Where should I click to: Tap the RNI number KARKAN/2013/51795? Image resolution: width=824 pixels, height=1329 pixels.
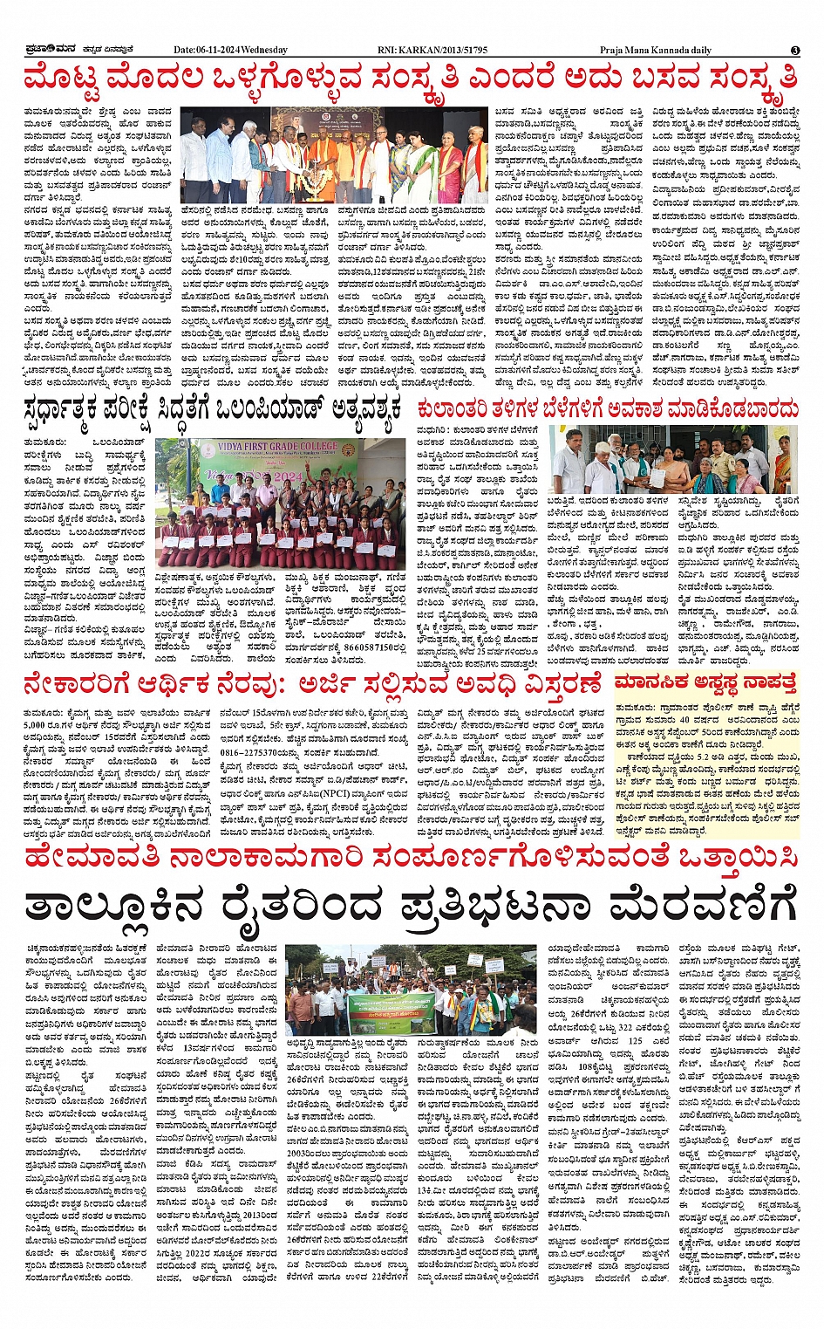tap(447, 50)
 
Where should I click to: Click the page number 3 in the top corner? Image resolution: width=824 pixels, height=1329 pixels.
tap(795, 50)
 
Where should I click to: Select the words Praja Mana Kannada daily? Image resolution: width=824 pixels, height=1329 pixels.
tap(656, 50)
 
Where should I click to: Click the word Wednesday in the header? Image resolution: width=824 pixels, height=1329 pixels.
tap(265, 50)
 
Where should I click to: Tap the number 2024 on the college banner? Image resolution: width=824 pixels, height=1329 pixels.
tap(288, 476)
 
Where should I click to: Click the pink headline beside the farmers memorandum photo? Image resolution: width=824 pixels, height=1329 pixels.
tap(608, 408)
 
